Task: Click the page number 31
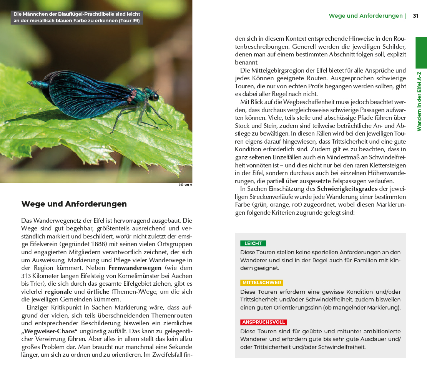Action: point(415,16)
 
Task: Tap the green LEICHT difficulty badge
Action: point(253,243)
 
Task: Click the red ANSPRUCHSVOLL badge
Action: point(263,323)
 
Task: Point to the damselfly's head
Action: point(154,96)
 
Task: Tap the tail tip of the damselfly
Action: point(30,83)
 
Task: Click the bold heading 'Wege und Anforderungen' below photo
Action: point(74,204)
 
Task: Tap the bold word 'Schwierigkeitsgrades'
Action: point(347,189)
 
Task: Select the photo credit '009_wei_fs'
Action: point(185,185)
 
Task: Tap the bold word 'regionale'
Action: point(61,291)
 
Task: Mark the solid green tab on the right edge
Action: point(421,53)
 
